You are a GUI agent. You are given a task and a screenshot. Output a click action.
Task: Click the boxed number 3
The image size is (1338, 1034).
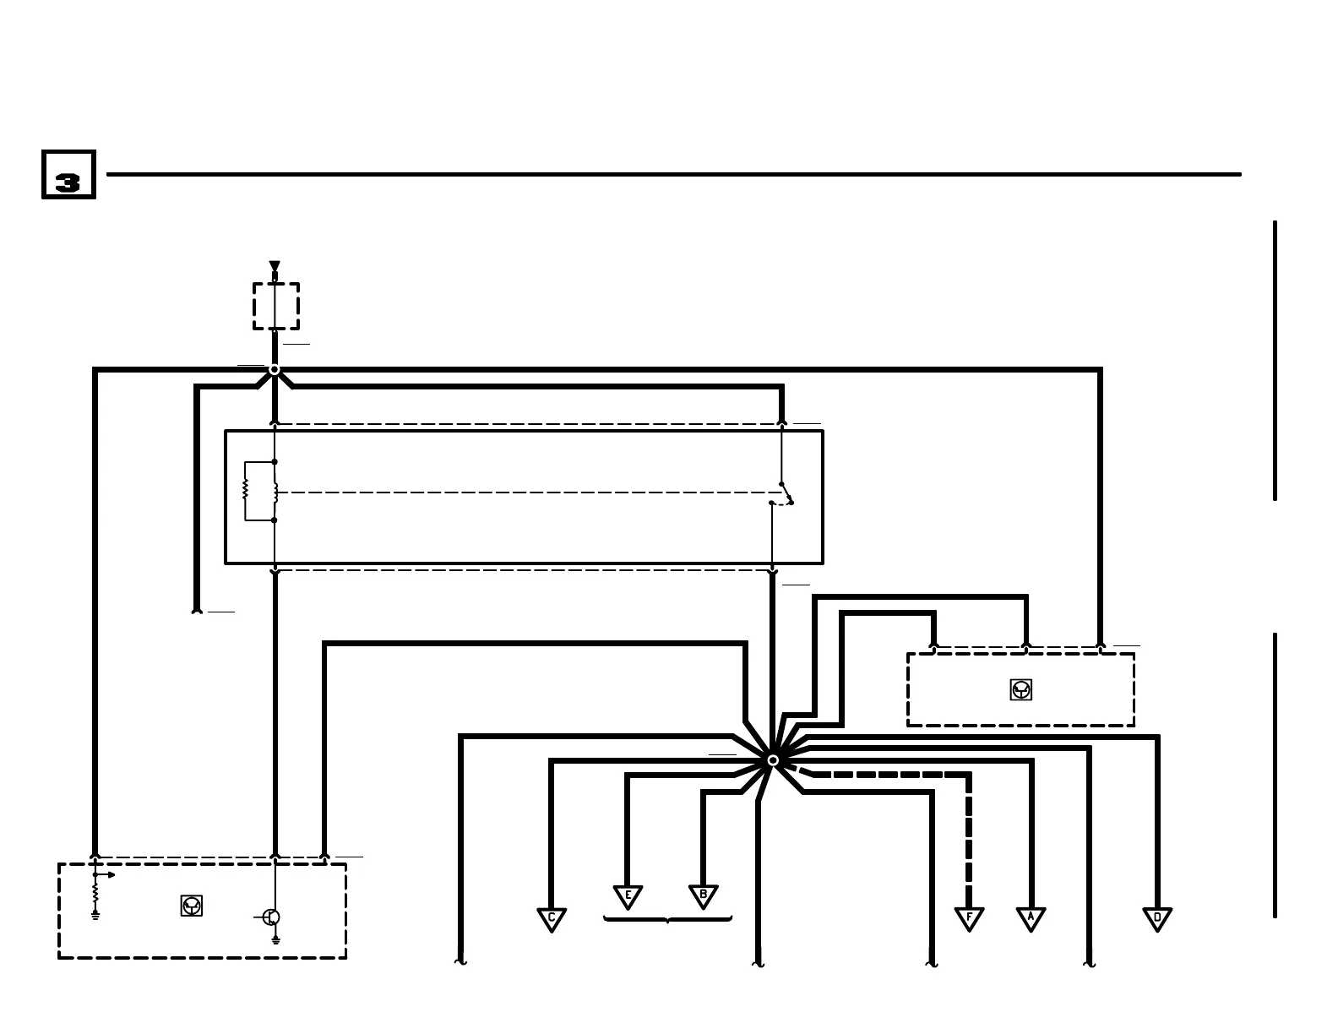pos(68,175)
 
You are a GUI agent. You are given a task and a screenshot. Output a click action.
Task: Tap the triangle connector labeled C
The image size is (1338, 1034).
pos(552,918)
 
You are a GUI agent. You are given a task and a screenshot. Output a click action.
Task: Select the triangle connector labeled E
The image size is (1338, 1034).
pos(628,895)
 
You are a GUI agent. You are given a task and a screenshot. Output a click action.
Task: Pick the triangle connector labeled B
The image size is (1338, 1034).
pos(703,895)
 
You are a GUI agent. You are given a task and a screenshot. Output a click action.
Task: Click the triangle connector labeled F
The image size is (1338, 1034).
pos(969,918)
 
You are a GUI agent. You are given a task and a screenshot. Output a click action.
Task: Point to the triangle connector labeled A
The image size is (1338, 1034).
pos(1031,918)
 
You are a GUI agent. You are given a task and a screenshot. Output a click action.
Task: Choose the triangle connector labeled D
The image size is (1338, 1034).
pos(1157,918)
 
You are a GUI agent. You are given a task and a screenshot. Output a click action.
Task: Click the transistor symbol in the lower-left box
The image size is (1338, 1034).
pos(270,917)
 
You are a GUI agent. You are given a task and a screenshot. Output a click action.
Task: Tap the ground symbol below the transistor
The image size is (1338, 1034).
pos(275,939)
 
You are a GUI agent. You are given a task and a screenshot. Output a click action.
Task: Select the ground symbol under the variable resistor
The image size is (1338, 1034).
pos(95,915)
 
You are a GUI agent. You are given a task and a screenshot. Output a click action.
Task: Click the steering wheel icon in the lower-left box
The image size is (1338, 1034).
pos(192,906)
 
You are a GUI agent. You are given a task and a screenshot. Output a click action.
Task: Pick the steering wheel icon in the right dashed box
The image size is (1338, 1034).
pos(1020,690)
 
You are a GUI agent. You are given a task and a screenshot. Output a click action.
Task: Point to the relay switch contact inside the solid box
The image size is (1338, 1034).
pos(786,493)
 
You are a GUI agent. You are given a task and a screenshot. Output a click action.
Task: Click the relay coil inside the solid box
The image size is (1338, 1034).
pos(275,491)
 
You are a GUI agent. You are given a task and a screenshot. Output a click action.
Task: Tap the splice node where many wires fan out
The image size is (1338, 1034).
pos(773,760)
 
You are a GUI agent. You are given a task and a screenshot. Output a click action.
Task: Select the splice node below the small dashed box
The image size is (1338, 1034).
pos(275,370)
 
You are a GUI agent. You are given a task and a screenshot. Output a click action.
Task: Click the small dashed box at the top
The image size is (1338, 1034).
pos(276,306)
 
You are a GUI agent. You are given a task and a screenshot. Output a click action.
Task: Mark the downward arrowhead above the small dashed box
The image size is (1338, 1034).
pos(275,267)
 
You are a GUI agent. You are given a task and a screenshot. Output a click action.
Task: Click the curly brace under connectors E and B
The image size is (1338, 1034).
pos(667,919)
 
